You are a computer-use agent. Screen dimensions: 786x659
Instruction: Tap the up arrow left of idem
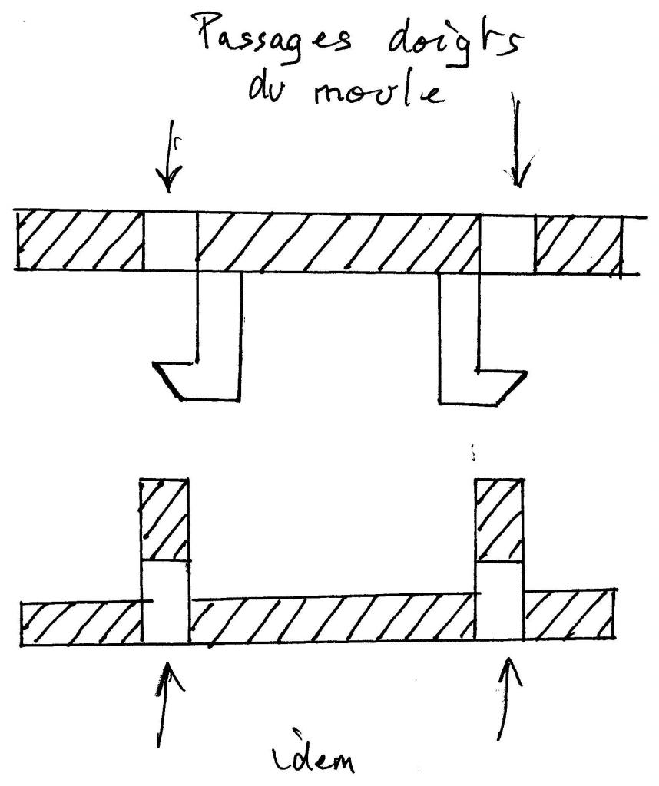(x=167, y=711)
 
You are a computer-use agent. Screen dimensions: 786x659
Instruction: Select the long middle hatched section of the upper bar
(x=338, y=243)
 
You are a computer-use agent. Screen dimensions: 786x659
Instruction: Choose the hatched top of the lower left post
(x=164, y=520)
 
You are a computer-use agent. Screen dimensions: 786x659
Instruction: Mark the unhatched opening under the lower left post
(x=165, y=603)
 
